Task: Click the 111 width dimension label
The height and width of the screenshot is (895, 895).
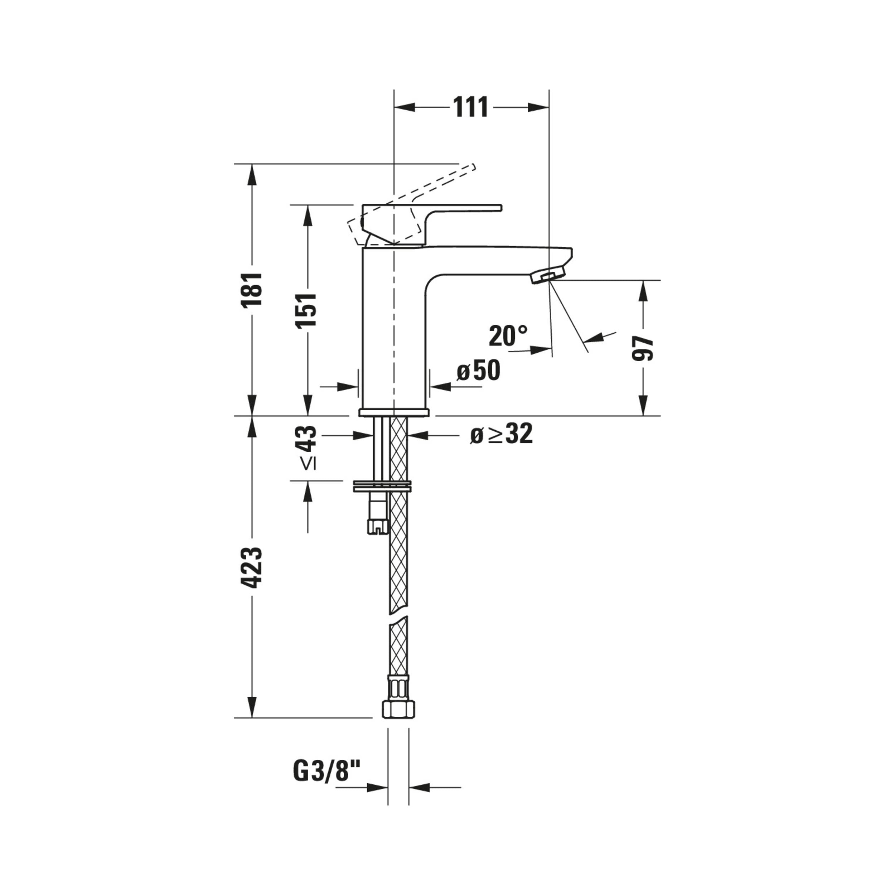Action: (471, 107)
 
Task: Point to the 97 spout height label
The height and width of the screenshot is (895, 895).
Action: (643, 348)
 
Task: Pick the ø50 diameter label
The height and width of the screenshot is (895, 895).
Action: (478, 371)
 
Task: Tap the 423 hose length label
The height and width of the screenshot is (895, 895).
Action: (252, 567)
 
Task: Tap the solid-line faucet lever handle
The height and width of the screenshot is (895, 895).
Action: (431, 224)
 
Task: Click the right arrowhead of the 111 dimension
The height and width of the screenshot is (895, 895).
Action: (539, 107)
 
